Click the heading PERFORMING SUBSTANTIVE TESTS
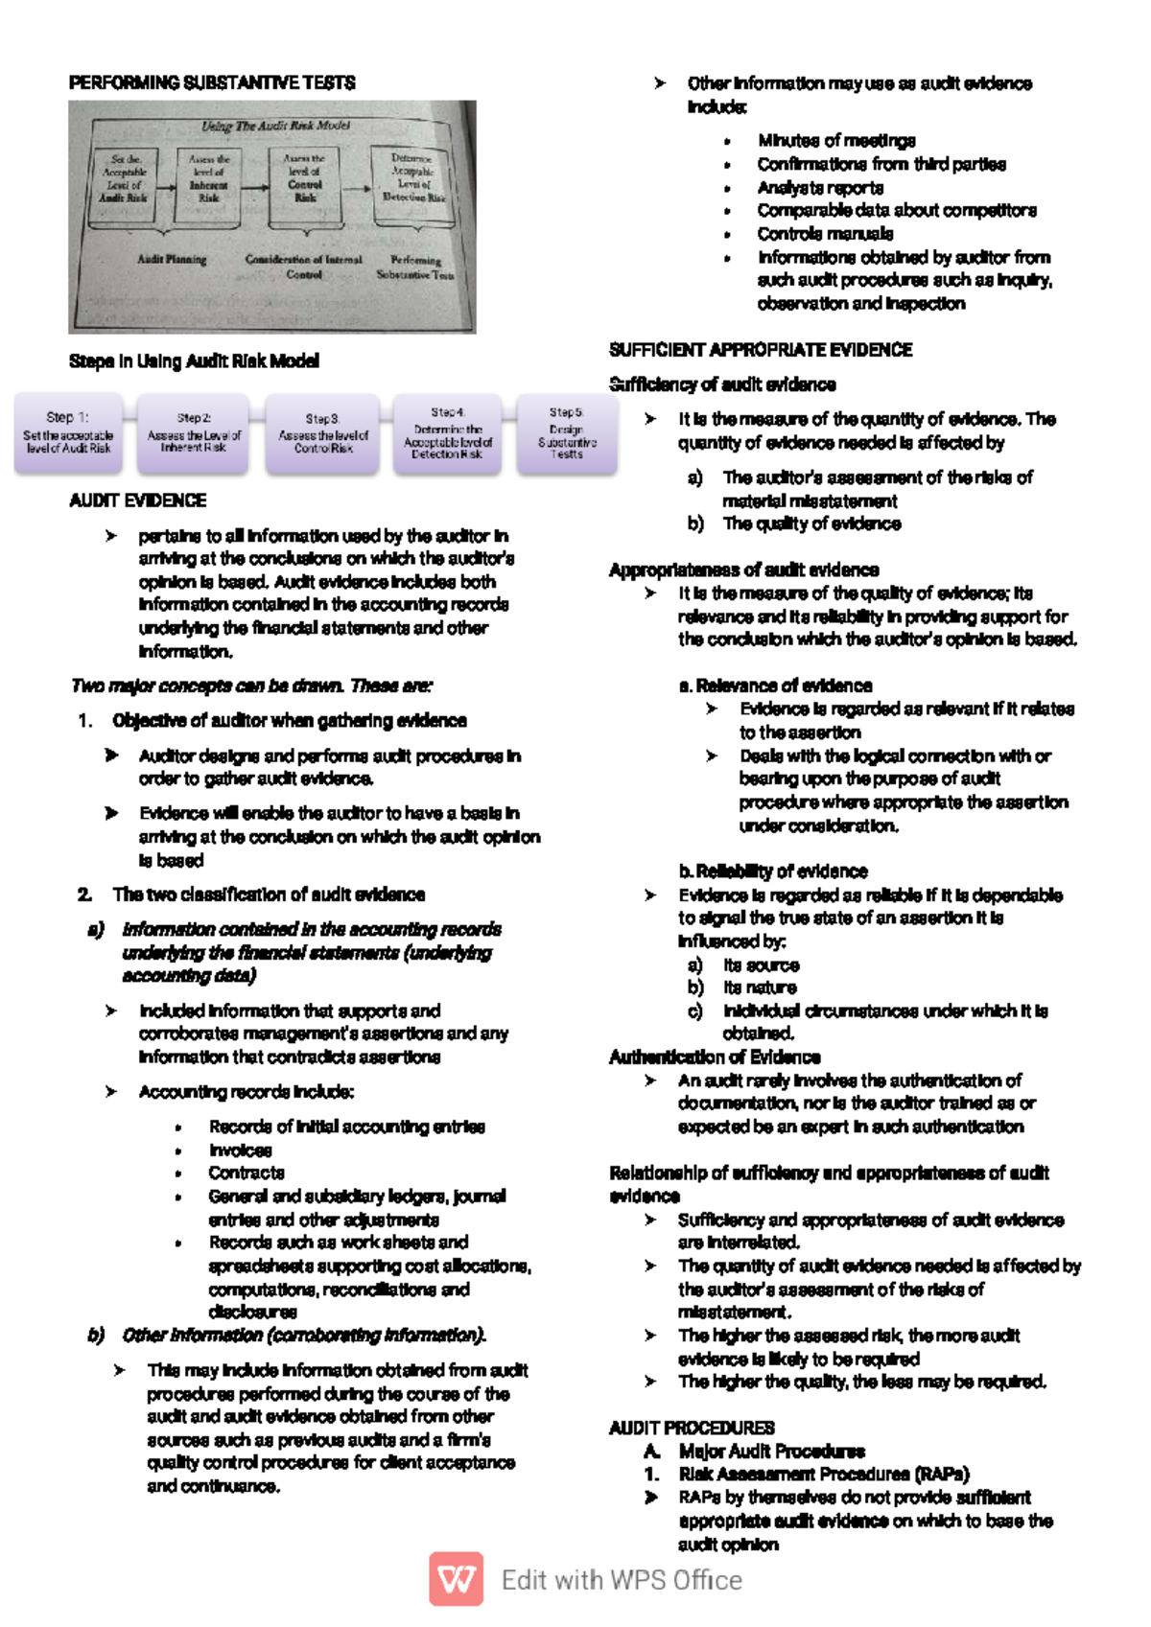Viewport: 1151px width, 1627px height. (211, 83)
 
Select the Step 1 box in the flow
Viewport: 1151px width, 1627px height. (68, 433)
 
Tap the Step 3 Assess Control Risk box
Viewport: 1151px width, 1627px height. (323, 433)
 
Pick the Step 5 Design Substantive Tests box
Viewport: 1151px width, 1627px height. (567, 433)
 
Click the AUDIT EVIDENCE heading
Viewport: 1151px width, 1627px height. (137, 500)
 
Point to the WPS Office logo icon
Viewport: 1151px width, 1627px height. (456, 1579)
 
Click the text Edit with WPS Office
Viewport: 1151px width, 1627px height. (622, 1580)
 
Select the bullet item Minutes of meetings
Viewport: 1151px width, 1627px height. (835, 141)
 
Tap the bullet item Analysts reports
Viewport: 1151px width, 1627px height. (820, 188)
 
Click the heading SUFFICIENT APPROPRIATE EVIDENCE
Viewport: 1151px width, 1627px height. (761, 350)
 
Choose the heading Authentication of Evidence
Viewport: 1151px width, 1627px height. (715, 1057)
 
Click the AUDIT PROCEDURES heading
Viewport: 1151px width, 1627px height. (692, 1428)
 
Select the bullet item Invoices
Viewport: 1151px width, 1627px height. (240, 1150)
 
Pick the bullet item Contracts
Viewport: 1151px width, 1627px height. (247, 1173)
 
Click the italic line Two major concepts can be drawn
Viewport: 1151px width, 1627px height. (251, 686)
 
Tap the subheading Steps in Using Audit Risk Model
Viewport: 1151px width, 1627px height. (194, 361)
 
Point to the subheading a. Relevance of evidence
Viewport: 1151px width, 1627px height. (775, 686)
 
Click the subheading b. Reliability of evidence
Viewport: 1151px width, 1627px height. (772, 872)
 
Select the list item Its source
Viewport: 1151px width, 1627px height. (761, 965)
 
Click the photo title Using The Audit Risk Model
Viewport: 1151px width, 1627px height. (275, 126)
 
